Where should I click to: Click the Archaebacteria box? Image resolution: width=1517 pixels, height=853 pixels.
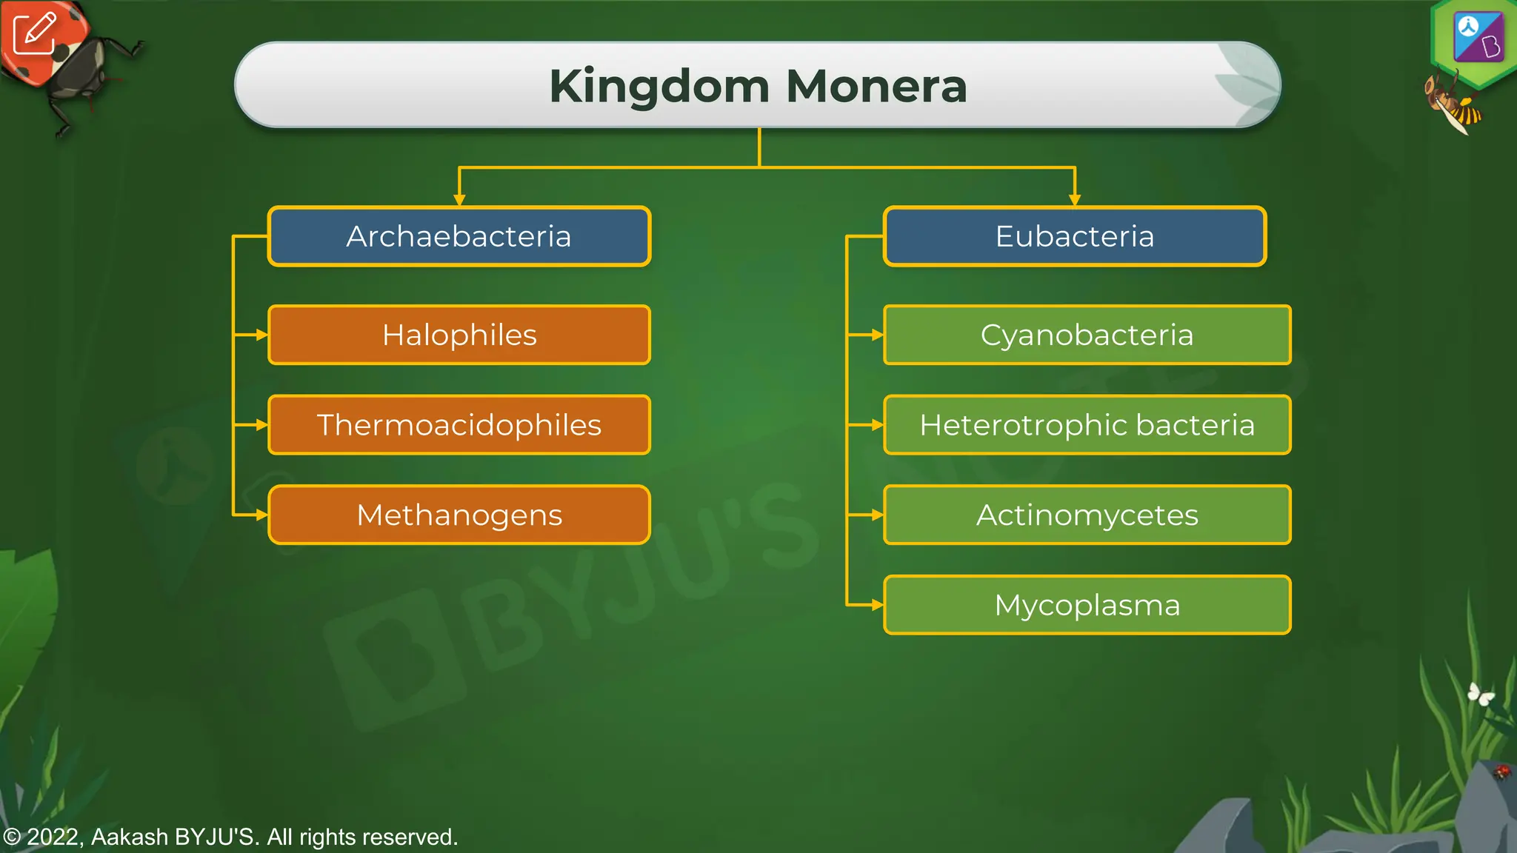pyautogui.click(x=459, y=236)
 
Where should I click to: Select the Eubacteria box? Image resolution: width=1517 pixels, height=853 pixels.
pyautogui.click(x=1074, y=236)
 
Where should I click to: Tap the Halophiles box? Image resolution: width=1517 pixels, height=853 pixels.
pyautogui.click(x=459, y=335)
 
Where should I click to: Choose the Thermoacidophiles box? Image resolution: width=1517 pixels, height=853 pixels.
pyautogui.click(x=459, y=425)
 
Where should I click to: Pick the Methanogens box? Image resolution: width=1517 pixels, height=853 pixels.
pyautogui.click(x=459, y=515)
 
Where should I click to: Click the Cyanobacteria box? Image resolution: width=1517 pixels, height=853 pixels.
pyautogui.click(x=1087, y=335)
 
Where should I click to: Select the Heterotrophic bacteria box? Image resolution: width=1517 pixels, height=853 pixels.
pyautogui.click(x=1087, y=425)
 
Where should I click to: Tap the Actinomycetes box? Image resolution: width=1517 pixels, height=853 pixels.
pyautogui.click(x=1087, y=515)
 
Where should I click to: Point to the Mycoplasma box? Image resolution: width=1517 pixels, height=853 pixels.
pyautogui.click(x=1087, y=605)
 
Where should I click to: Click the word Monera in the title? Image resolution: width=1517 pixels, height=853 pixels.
pyautogui.click(x=876, y=86)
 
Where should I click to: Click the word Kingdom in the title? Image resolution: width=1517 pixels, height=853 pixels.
pyautogui.click(x=659, y=86)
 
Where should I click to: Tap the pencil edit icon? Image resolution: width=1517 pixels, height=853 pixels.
pyautogui.click(x=35, y=33)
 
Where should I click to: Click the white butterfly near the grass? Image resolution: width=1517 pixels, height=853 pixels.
pyautogui.click(x=1481, y=694)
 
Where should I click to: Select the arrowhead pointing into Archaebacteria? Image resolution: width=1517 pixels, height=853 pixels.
pyautogui.click(x=459, y=199)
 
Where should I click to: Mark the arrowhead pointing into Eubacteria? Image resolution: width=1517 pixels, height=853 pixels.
pyautogui.click(x=1075, y=199)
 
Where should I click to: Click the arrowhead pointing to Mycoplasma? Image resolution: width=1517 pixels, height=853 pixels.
pyautogui.click(x=877, y=605)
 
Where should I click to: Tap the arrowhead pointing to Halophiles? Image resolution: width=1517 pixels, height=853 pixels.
pyautogui.click(x=261, y=335)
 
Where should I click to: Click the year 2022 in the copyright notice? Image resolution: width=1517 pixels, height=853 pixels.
pyautogui.click(x=53, y=837)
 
